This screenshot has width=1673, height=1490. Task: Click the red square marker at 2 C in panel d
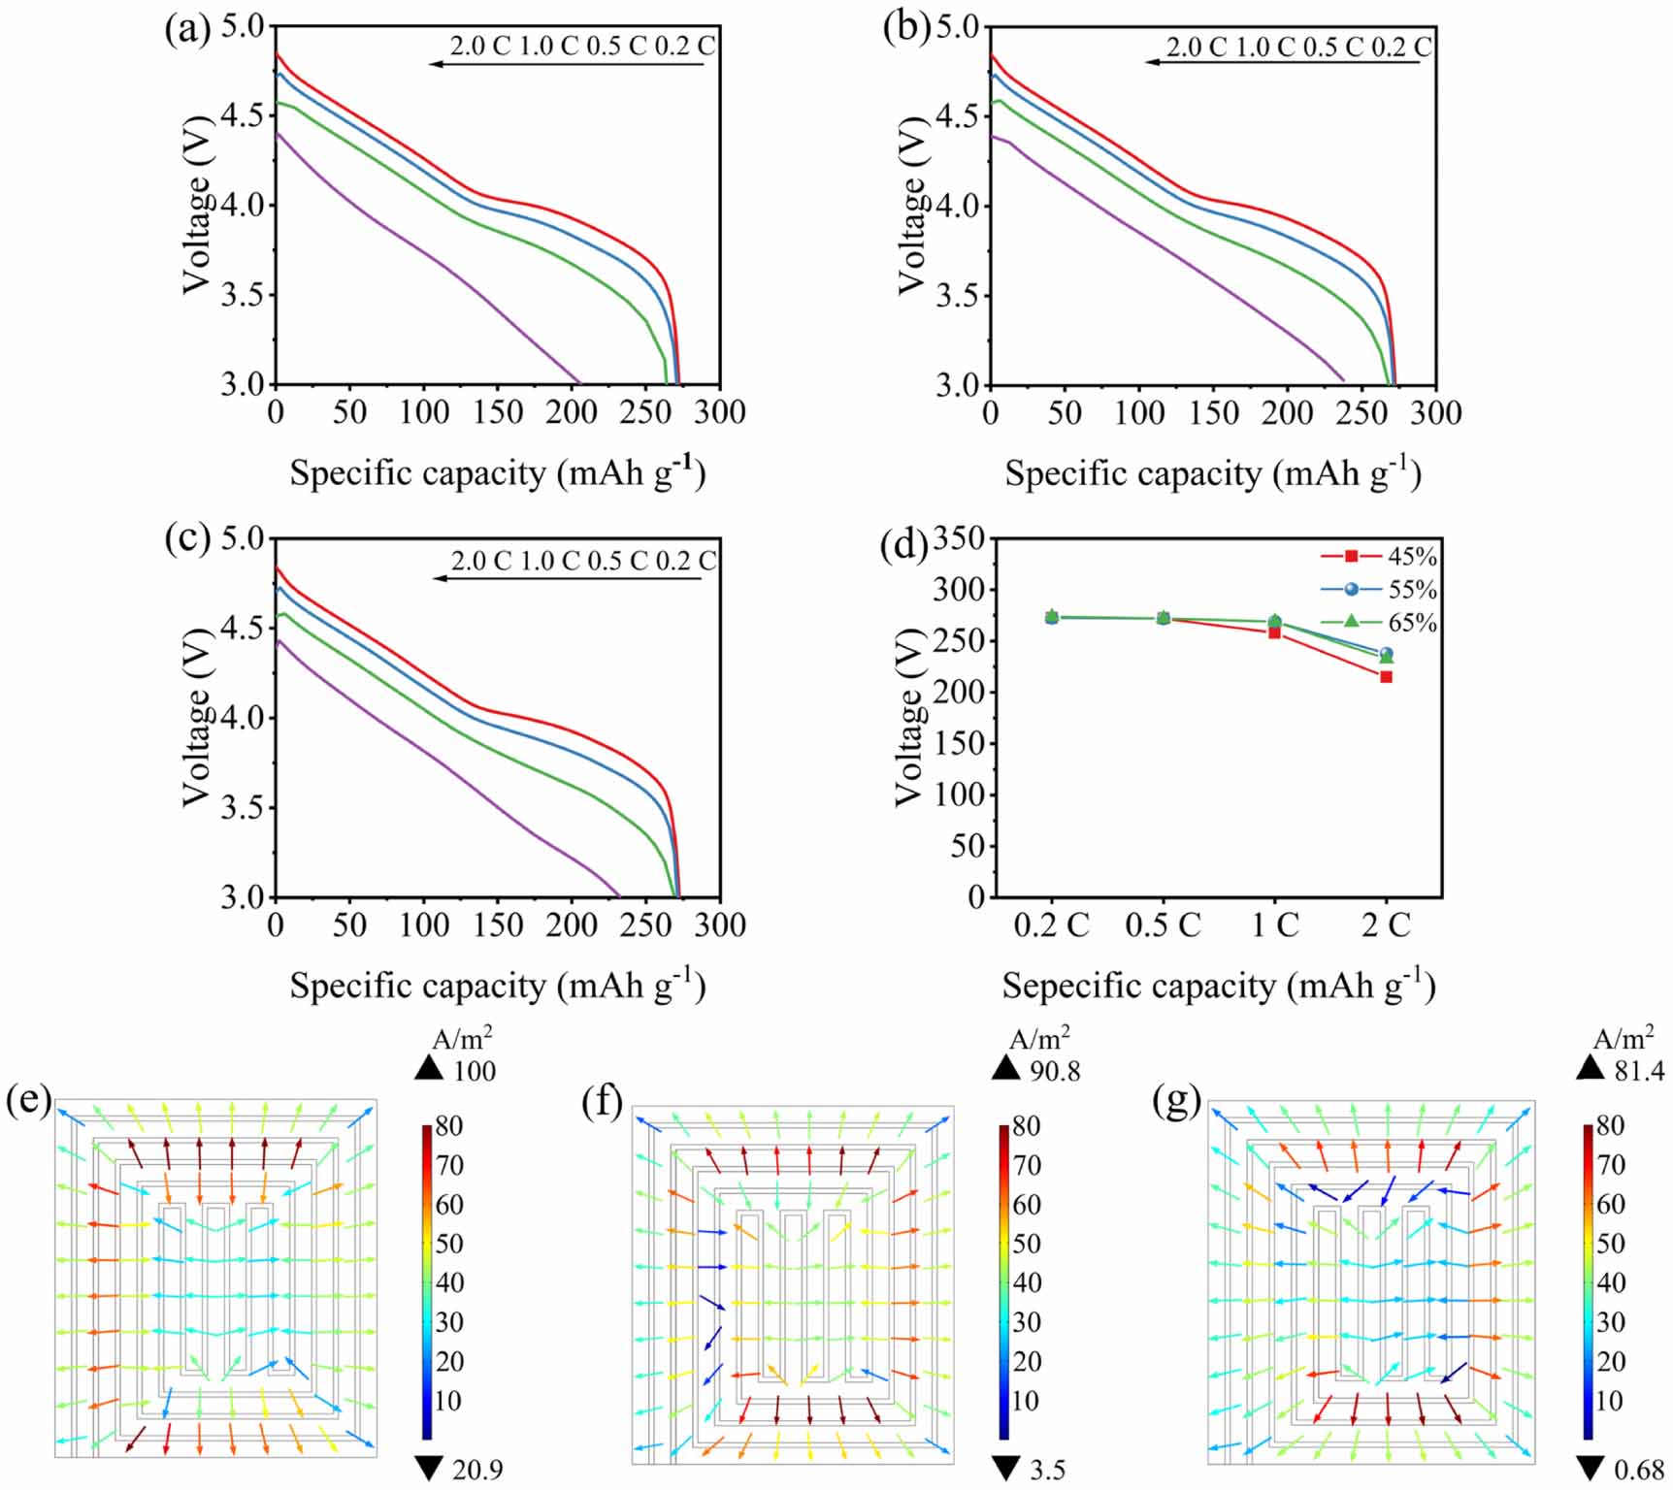click(1386, 676)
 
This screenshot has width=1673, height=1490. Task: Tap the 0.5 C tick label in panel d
click(1163, 925)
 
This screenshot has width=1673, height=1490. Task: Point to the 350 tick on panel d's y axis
click(959, 538)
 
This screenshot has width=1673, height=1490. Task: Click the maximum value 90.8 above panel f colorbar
click(1055, 1071)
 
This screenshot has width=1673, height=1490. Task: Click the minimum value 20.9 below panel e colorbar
click(476, 1470)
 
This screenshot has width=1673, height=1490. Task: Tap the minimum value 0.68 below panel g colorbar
click(1639, 1470)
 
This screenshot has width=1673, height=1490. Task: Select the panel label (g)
click(1177, 1101)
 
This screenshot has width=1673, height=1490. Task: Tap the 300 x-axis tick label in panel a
click(720, 412)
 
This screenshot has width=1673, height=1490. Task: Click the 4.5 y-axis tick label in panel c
click(243, 628)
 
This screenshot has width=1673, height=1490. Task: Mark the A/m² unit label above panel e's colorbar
click(462, 1039)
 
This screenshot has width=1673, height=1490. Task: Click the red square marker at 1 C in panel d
click(1274, 632)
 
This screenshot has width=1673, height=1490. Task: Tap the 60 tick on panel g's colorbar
click(1611, 1204)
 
